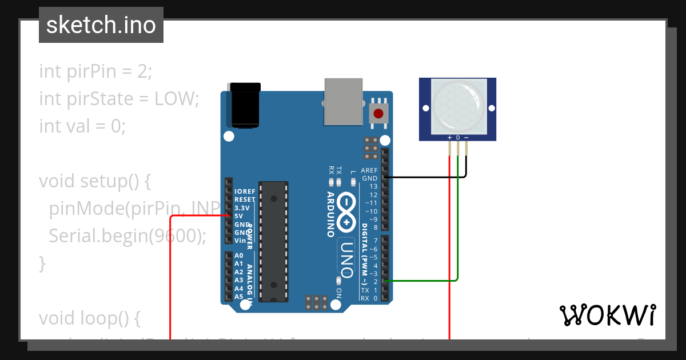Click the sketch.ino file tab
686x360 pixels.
point(101,25)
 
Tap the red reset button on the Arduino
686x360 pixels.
point(378,113)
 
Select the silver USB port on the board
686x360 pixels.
point(343,101)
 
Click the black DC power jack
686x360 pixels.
point(244,105)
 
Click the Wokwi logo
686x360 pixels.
point(607,315)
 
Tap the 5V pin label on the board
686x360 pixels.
point(239,216)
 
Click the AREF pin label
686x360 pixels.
point(369,170)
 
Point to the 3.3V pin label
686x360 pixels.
point(242,208)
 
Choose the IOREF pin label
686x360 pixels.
point(245,191)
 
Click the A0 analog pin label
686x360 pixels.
point(239,255)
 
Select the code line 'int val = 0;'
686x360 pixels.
point(82,126)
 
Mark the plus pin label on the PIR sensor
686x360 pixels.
point(449,138)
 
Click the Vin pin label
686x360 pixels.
point(240,241)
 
